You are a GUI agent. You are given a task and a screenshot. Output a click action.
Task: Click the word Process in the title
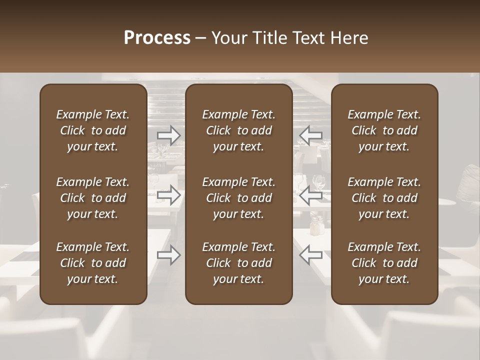coord(157,38)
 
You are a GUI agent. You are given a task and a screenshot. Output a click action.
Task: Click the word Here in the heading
coord(349,38)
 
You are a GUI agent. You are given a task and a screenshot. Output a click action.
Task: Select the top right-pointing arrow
coord(168,135)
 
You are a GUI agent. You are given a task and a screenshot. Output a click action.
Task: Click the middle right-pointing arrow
coord(168,195)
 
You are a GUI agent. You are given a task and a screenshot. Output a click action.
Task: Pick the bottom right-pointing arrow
coord(168,255)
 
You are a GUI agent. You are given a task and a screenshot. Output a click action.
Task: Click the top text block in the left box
coord(93,130)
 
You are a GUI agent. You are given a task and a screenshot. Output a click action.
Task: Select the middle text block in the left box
coord(93,198)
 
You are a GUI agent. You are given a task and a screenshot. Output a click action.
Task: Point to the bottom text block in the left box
coord(93,263)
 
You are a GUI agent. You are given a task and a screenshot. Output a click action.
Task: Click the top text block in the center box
coord(239,130)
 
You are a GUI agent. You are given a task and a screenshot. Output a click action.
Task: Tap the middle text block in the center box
coord(239,198)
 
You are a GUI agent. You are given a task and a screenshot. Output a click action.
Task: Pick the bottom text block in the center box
coord(239,263)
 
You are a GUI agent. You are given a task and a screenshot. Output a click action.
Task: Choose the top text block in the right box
coord(384,130)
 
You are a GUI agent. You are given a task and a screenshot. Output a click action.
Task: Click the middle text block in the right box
coord(384,198)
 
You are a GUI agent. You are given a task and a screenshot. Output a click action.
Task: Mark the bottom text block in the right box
coord(384,263)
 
